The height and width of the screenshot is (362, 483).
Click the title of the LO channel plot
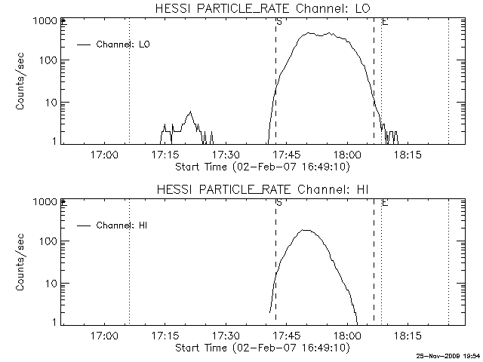coord(263,8)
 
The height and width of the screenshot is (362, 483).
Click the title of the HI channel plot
coord(263,189)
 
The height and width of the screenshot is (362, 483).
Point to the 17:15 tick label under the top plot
coord(165,155)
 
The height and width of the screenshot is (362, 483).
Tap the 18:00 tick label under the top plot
coord(347,155)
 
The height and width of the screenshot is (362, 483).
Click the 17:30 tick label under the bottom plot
coord(226,335)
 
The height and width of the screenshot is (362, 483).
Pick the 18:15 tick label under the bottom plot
coord(408,335)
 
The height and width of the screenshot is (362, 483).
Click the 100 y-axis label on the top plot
coord(48,60)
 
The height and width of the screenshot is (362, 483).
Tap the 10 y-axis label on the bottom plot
coord(51,284)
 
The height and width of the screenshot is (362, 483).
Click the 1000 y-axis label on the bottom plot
coord(45,202)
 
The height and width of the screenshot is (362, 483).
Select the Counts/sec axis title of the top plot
coord(20,81)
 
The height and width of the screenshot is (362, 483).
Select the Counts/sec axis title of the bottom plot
coord(20,262)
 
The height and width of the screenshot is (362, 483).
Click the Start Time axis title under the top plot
coord(263,167)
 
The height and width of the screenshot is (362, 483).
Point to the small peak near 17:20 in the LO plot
coord(190,112)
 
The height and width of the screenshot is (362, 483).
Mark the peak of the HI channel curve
coord(305,230)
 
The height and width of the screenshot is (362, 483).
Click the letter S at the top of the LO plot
coord(279,22)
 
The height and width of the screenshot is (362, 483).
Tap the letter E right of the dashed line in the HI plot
coord(385,203)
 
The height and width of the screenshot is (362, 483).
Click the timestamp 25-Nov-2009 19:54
coord(448,356)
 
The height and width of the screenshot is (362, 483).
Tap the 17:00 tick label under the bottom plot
coord(104,335)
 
